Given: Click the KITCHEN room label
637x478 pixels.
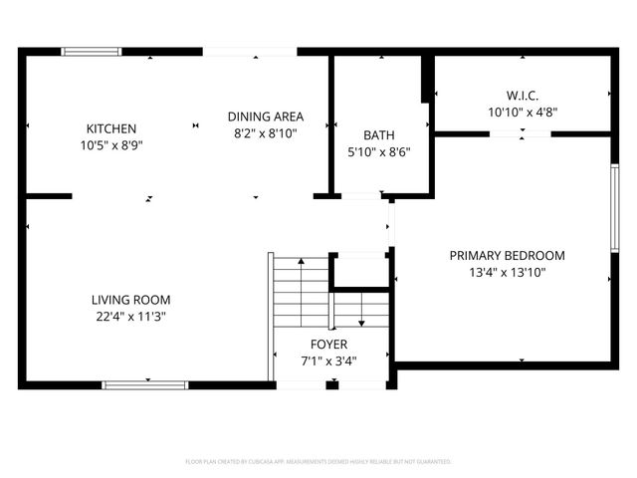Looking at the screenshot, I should (x=110, y=128).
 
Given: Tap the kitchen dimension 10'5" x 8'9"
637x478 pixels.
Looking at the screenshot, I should (x=110, y=145).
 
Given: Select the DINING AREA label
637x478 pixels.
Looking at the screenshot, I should (x=265, y=116).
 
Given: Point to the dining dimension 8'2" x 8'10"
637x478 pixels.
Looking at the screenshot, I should (x=265, y=131).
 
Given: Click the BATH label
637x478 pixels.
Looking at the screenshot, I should (x=378, y=135).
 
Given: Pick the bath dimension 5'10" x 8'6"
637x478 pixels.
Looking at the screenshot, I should (x=378, y=152).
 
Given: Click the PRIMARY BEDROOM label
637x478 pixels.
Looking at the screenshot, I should (x=506, y=255).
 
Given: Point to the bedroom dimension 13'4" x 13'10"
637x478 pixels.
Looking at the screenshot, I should (x=506, y=272).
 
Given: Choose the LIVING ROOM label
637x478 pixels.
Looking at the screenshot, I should (x=130, y=300).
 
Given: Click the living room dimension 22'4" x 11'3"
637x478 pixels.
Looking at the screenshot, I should (x=130, y=317).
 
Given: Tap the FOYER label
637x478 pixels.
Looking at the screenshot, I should (x=328, y=345).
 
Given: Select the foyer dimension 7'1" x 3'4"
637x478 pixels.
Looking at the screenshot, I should (x=328, y=361).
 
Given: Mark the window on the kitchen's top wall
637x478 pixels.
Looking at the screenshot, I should (x=92, y=51).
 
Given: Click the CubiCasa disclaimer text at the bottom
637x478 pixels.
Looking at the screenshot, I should (x=318, y=462).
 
